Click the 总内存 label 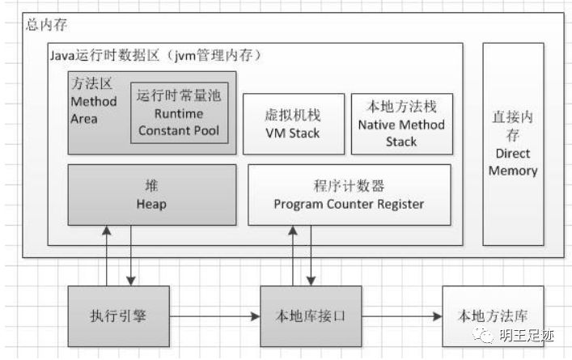46,25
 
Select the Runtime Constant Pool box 180,112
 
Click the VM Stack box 294,124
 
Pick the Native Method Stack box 402,124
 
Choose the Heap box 152,195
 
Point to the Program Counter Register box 350,195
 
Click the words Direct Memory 513,162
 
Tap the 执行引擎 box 119,316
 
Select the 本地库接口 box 311,316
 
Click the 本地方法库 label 493,316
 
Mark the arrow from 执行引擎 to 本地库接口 215,316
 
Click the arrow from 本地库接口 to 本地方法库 402,316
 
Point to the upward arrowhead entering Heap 107,230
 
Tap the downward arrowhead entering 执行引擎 131,281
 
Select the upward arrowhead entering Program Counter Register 293,230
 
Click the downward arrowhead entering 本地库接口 311,281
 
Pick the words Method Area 94,110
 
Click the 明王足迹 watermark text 527,336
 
